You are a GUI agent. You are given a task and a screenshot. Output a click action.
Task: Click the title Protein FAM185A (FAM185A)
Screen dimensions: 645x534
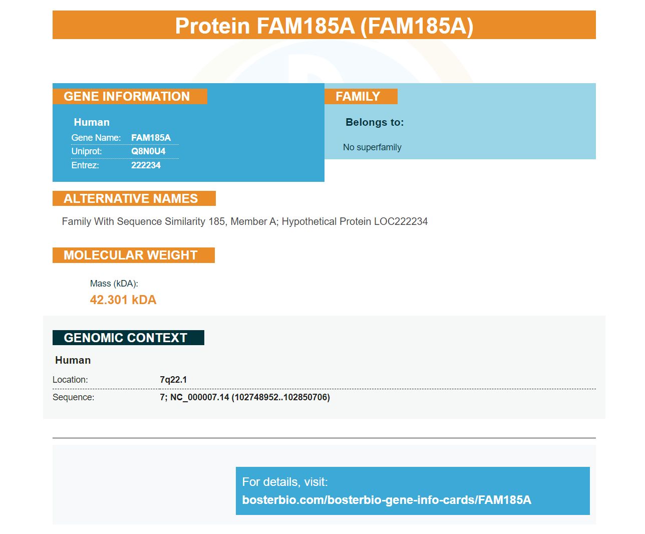tap(324, 26)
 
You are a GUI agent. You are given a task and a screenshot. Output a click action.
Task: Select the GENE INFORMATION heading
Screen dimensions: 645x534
tap(127, 96)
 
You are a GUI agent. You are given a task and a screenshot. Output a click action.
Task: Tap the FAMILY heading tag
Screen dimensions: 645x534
tap(358, 96)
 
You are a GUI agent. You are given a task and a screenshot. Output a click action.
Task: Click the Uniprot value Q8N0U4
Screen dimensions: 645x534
tap(148, 151)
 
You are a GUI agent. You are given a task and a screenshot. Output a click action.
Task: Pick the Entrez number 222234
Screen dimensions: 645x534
tap(146, 165)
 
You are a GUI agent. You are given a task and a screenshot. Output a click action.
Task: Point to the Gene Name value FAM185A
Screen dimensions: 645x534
tap(151, 138)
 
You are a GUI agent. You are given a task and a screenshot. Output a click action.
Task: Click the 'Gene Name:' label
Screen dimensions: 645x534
tap(96, 138)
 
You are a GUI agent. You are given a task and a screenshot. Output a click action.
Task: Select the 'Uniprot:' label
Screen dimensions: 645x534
tap(87, 151)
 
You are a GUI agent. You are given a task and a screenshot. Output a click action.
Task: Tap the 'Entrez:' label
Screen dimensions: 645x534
tap(85, 165)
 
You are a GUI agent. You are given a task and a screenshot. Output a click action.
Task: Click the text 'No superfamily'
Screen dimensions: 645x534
tap(372, 147)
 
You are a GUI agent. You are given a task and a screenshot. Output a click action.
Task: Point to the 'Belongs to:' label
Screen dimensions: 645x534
tap(375, 122)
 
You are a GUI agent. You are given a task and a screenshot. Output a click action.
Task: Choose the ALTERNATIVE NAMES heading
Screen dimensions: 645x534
tap(131, 198)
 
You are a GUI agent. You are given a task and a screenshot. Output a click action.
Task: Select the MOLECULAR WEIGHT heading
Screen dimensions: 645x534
tap(130, 255)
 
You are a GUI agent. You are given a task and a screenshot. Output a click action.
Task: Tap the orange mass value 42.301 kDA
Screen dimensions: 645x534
tap(123, 300)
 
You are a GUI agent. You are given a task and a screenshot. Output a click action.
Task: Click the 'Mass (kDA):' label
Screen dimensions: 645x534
tap(114, 284)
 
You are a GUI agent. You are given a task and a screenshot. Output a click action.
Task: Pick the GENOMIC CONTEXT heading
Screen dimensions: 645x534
tap(125, 338)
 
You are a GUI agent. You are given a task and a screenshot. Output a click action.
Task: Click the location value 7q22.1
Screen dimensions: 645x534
tap(173, 380)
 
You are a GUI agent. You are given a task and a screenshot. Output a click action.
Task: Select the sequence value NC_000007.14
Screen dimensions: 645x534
tap(199, 397)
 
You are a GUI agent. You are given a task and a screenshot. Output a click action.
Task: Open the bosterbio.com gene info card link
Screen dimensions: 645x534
tap(387, 500)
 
